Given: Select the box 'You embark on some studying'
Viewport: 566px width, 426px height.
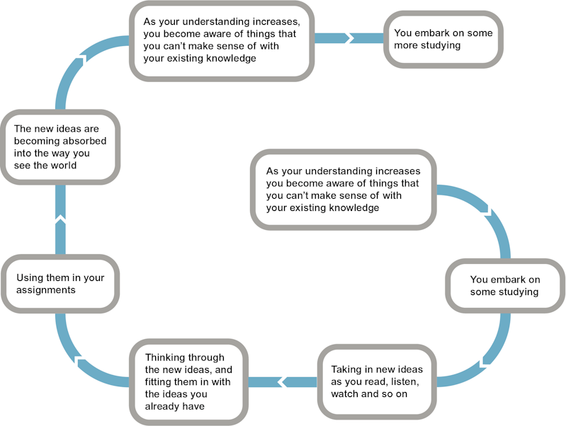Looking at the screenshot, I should [x=504, y=285].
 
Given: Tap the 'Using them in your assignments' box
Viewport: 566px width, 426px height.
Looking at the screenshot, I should [x=60, y=283].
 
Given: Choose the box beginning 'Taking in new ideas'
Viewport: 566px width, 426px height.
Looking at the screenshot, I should [x=375, y=381].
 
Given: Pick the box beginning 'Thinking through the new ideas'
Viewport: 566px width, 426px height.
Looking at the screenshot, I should [x=188, y=381].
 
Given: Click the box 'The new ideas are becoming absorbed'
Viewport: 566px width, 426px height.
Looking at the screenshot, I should [x=60, y=146].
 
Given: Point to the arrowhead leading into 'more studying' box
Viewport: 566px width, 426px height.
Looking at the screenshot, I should [x=349, y=38].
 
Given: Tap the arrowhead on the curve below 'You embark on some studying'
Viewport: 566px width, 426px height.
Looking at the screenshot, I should [x=485, y=362].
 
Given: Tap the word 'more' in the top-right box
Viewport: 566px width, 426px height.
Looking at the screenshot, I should [x=408, y=45].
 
